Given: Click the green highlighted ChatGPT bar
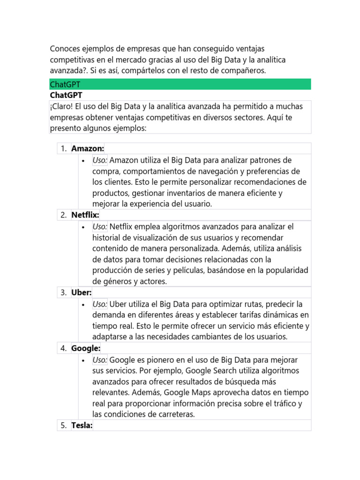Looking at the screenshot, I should [x=180, y=84].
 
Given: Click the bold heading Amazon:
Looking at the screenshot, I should [x=87, y=149].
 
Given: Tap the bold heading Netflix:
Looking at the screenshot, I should [x=85, y=215].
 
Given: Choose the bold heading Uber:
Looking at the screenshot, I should [x=81, y=292].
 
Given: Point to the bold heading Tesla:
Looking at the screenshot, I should [x=82, y=426].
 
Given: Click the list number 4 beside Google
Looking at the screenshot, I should [x=63, y=348].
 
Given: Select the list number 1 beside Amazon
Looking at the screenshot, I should [x=63, y=149].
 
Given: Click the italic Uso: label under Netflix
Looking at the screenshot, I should [x=100, y=226].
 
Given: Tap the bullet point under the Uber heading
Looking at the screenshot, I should [x=83, y=304].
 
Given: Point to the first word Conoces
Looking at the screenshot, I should [x=66, y=49].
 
